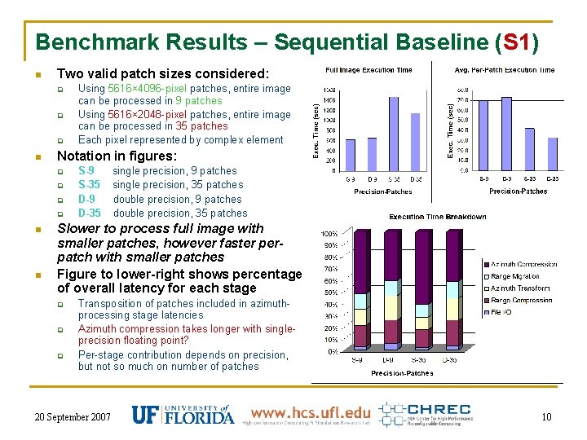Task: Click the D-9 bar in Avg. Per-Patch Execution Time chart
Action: [x=507, y=133]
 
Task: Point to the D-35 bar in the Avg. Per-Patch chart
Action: [x=552, y=153]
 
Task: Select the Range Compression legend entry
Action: [x=522, y=300]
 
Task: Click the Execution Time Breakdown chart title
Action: [x=437, y=217]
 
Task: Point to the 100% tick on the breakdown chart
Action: [x=331, y=234]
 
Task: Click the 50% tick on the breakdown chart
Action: [x=331, y=293]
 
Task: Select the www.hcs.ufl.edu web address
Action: [x=310, y=412]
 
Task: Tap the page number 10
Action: [x=546, y=417]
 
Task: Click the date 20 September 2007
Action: [x=73, y=417]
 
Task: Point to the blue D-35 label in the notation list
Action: [x=89, y=213]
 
